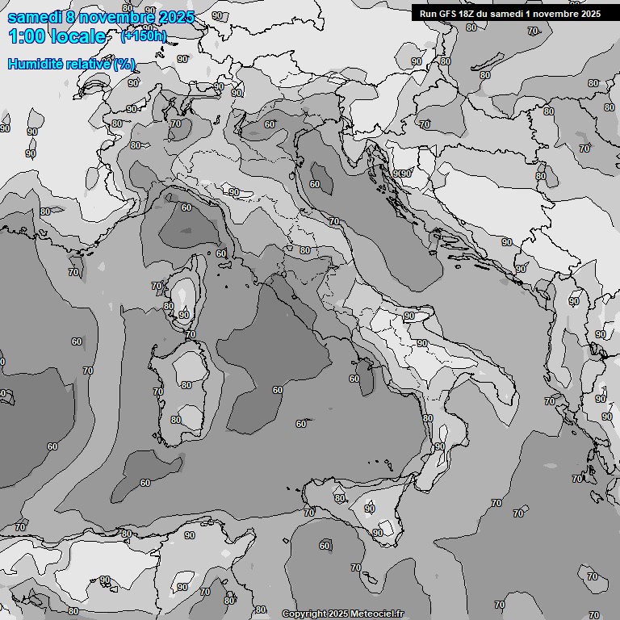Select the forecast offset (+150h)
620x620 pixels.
[x=144, y=36]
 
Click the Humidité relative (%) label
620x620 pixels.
[x=72, y=64]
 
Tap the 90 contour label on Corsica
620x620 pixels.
[x=184, y=315]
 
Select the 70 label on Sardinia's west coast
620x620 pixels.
[x=158, y=392]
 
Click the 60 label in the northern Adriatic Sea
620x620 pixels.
[x=315, y=184]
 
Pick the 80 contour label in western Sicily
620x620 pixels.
[x=340, y=498]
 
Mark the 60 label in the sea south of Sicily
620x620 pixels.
[x=325, y=546]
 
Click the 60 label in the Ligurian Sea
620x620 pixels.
[x=186, y=207]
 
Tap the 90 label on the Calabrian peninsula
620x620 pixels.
[x=440, y=446]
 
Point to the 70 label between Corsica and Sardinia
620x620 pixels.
[x=191, y=334]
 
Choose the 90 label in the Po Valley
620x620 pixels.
[x=234, y=192]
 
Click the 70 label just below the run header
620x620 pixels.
[x=532, y=31]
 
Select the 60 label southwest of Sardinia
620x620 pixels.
[x=145, y=483]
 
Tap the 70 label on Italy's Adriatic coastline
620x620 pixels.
[x=334, y=221]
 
